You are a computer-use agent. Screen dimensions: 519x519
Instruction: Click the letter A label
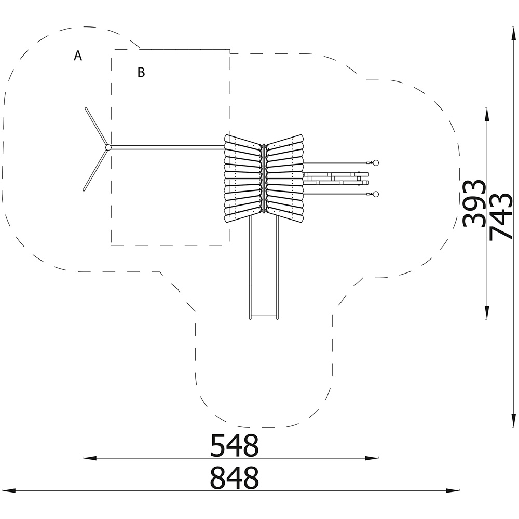coord(78,56)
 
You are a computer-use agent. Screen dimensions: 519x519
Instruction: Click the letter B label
coord(141,72)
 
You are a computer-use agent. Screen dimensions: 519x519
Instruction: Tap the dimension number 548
coord(235,446)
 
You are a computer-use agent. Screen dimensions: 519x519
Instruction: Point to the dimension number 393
coord(474,203)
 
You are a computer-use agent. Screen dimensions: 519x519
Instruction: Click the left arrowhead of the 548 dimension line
coord(89,458)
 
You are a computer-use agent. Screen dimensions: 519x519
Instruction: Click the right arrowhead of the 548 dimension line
coord(372,458)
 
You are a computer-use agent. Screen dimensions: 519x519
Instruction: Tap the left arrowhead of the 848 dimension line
coord(9,490)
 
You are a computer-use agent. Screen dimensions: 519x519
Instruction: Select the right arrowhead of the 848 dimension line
coord(453,490)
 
